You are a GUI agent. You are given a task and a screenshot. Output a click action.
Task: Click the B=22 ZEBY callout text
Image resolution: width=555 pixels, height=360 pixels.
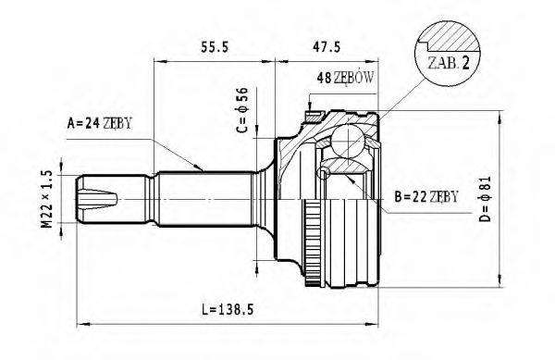425,197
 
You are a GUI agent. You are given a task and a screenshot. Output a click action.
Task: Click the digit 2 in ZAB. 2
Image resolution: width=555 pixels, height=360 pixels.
470,63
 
